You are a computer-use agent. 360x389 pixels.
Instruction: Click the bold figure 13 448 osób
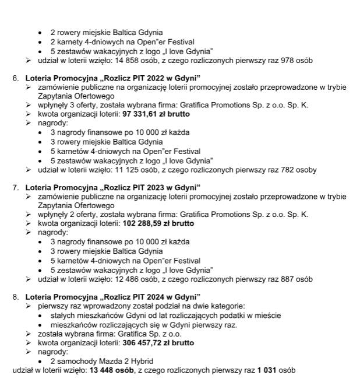(x=103, y=370)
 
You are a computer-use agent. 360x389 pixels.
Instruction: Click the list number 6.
(x=15, y=78)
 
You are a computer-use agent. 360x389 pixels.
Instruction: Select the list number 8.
(x=15, y=297)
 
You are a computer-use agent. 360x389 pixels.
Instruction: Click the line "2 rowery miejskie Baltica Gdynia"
(x=107, y=33)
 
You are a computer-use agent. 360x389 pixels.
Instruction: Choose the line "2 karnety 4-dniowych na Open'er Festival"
(x=122, y=42)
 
